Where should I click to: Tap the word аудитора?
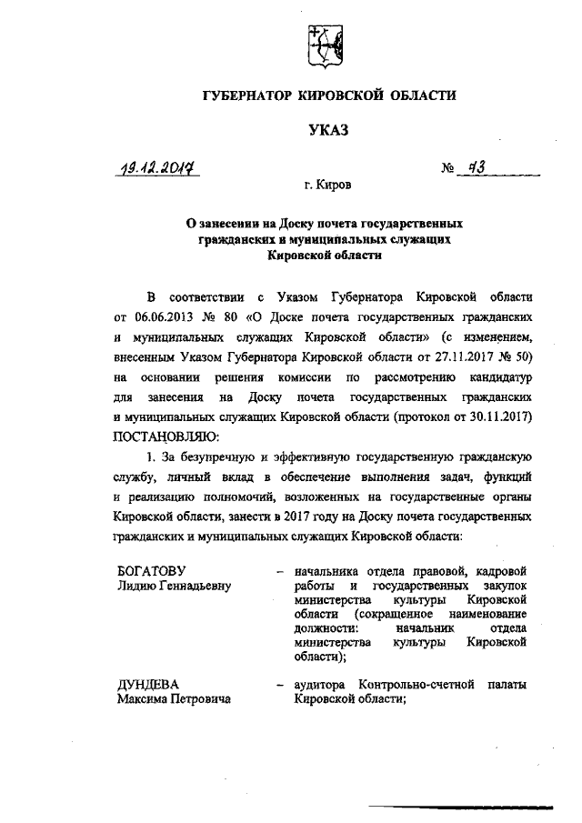[323, 684]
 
